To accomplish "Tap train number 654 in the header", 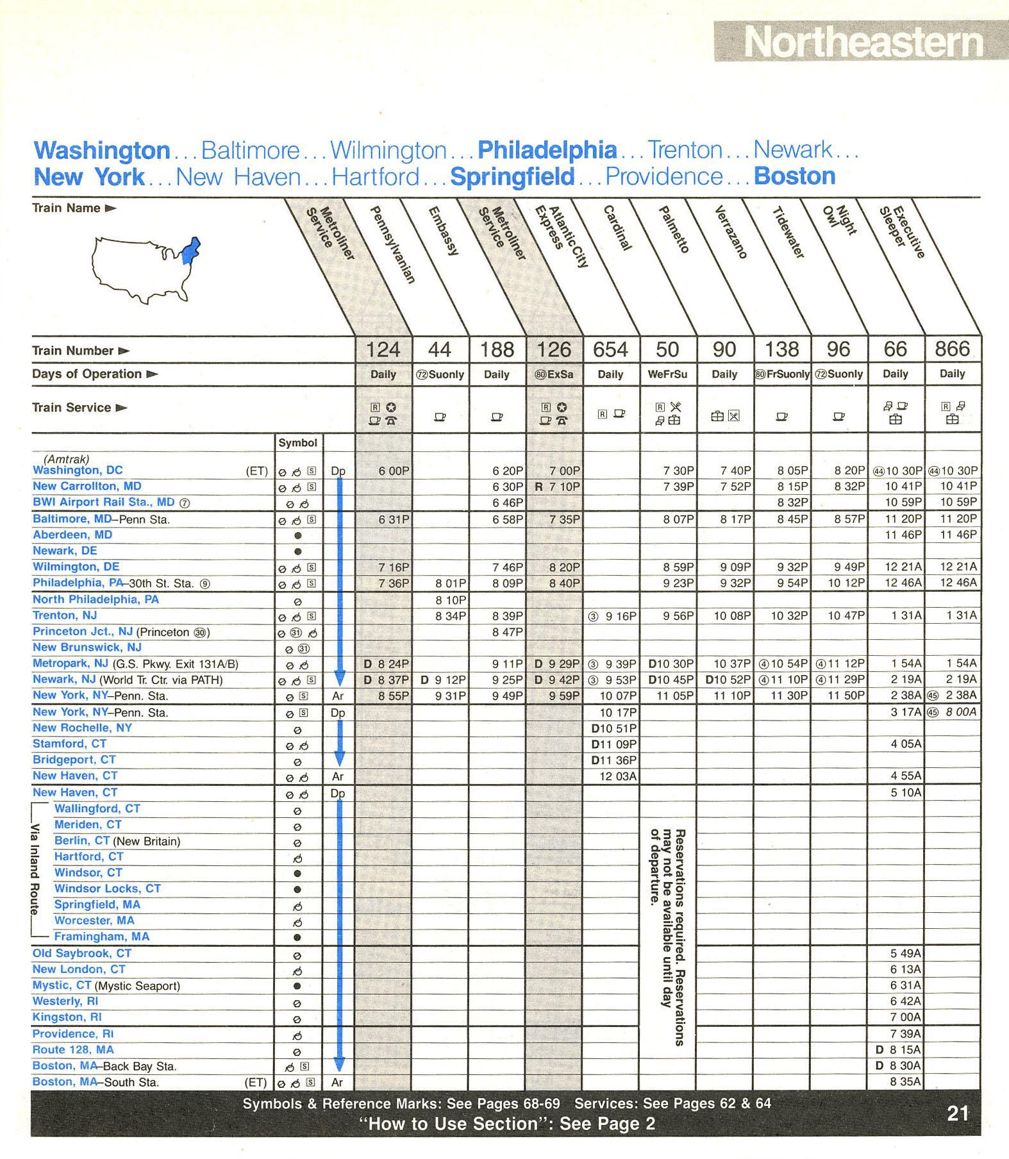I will pos(611,349).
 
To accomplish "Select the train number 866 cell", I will pos(952,349).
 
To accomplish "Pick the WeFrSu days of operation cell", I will pos(667,374).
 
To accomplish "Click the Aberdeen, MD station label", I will pos(72,535).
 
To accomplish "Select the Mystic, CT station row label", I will pos(62,985).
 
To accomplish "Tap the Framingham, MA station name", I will pos(101,937).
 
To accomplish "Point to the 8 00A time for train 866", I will pos(960,712).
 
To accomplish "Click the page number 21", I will pos(958,1113).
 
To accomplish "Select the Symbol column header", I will pos(297,443).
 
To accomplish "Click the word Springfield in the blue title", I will pos(512,177).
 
